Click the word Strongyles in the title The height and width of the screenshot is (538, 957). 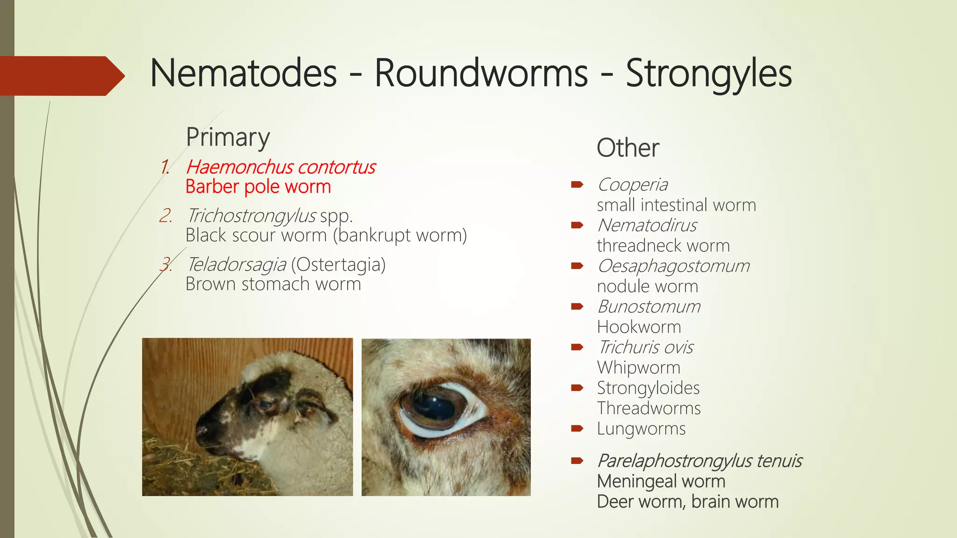click(x=708, y=74)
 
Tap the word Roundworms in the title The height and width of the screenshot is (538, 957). click(x=481, y=74)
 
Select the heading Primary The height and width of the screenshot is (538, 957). click(x=228, y=137)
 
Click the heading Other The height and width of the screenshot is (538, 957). click(x=628, y=148)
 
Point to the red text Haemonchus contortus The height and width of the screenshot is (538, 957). click(x=281, y=167)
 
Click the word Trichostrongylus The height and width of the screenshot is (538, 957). click(x=251, y=216)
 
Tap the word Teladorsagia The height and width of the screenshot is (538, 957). click(x=236, y=265)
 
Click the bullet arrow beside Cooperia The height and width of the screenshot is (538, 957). click(x=577, y=184)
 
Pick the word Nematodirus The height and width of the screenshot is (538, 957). click(x=647, y=226)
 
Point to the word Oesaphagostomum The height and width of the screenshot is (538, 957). click(x=673, y=266)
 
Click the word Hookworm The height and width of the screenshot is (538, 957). click(x=639, y=327)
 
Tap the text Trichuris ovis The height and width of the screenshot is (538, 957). click(x=646, y=347)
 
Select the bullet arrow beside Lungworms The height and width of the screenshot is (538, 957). click(x=577, y=428)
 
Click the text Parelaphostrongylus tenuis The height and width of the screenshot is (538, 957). click(x=700, y=461)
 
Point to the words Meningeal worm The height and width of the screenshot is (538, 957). click(x=661, y=481)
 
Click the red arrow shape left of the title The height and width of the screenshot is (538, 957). click(x=61, y=76)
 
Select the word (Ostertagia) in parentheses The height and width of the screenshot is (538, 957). click(x=338, y=265)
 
